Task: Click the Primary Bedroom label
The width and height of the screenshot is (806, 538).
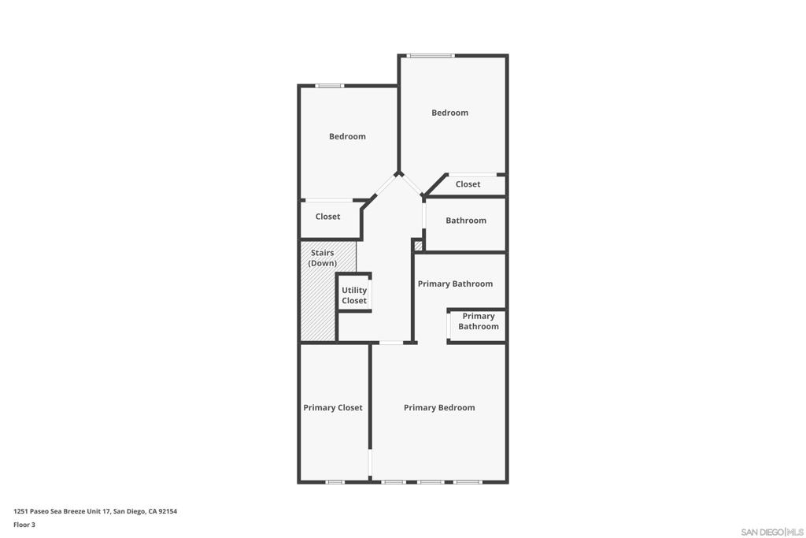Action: point(439,407)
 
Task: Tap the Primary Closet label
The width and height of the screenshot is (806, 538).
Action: point(333,407)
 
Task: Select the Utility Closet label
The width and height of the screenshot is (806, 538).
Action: point(354,295)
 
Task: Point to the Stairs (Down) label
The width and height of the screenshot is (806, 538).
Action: point(323,258)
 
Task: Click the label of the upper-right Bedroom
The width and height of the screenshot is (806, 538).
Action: point(449,113)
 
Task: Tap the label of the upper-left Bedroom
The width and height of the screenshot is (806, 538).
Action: point(347,136)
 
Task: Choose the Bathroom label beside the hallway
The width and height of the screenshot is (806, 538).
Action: point(466,221)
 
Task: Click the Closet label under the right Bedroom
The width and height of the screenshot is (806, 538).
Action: point(468,184)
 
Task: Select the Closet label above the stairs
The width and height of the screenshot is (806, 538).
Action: point(327,217)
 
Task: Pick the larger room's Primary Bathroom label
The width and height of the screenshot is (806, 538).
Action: point(455,284)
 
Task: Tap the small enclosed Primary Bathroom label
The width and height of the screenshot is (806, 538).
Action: point(479,321)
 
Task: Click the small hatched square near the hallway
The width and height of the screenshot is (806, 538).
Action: point(418,246)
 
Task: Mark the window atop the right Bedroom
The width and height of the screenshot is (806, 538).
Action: point(431,56)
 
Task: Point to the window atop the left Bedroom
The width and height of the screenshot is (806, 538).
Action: point(329,86)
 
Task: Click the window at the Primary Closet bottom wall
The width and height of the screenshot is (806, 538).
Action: point(335,481)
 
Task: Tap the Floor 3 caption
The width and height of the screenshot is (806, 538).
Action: point(24,525)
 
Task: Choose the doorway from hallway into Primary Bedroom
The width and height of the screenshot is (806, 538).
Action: point(391,343)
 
